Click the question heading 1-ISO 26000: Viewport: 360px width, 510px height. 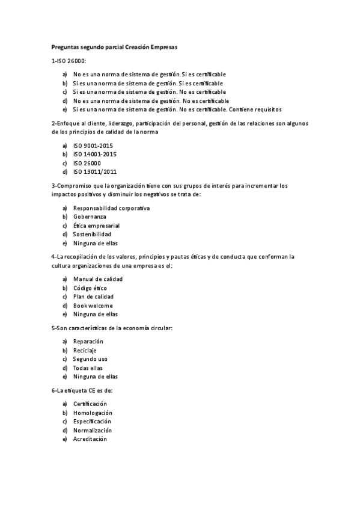coord(69,61)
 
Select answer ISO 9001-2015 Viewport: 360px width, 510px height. coord(93,146)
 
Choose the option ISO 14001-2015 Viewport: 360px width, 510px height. coord(94,154)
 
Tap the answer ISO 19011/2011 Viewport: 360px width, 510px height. coord(94,171)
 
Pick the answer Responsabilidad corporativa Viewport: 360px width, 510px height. coord(111,208)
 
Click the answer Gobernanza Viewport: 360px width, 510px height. coord(90,217)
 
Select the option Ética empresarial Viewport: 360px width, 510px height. coord(96,226)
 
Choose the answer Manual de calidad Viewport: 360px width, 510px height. coord(97,279)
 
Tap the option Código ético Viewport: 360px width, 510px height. coord(90,288)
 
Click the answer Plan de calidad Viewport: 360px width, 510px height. coord(93,296)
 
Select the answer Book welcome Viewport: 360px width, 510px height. coord(93,306)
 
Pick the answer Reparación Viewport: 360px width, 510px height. coord(88,342)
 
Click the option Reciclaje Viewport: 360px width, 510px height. coord(85,350)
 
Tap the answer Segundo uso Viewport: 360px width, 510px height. coord(90,359)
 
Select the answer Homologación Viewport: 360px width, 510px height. coord(93,413)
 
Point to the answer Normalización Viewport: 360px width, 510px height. coord(93,430)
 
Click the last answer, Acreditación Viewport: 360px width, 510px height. coord(90,439)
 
